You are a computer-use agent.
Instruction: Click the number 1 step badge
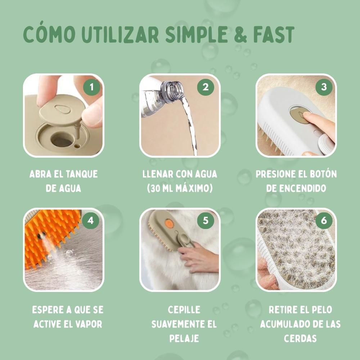(91, 87)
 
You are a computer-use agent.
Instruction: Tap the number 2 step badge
(206, 87)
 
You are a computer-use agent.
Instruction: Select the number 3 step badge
(324, 87)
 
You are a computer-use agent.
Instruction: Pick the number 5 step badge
(206, 221)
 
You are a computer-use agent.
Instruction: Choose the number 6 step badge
(324, 221)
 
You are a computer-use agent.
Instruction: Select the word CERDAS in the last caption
(300, 338)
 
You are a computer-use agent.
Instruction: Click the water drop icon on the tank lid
(60, 108)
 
